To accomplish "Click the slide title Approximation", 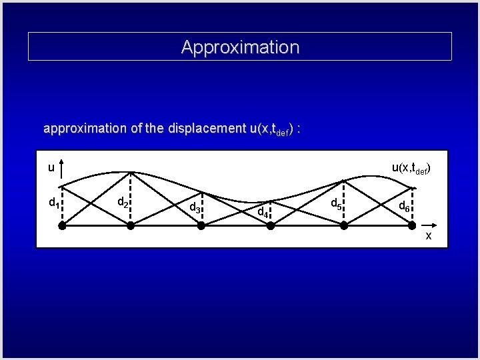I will [240, 47].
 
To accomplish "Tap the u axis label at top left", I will [51, 168].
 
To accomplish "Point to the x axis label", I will [429, 236].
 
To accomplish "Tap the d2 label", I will [123, 202].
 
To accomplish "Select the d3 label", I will [195, 207].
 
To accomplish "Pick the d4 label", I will [263, 213].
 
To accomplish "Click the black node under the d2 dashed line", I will [131, 226].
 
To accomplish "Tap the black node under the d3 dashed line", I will [201, 226].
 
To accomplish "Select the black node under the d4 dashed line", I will [271, 226].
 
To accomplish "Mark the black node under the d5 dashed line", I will [344, 226].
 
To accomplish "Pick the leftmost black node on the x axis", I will [61, 226].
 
